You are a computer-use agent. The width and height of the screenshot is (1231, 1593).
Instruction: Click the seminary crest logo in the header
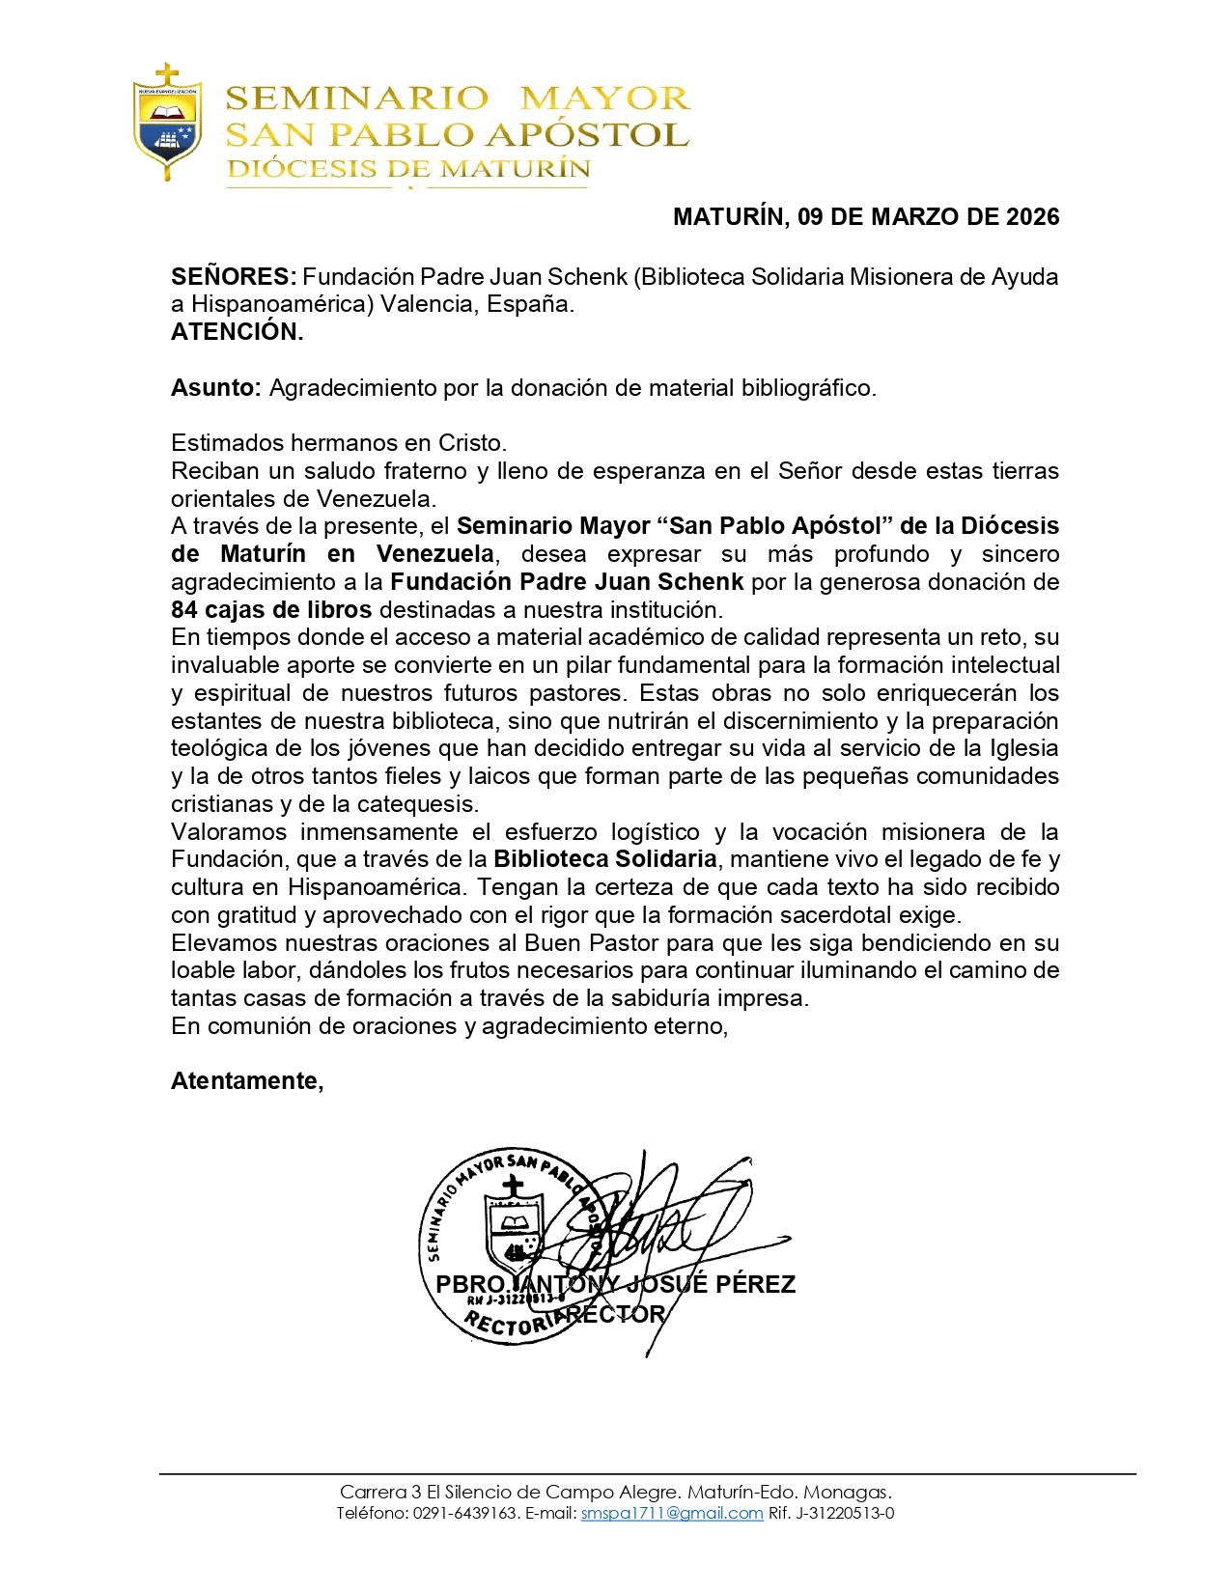pyautogui.click(x=168, y=123)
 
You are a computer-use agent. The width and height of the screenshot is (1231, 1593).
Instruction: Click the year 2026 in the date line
pyautogui.click(x=1032, y=217)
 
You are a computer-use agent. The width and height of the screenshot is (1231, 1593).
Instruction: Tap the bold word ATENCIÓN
pyautogui.click(x=238, y=332)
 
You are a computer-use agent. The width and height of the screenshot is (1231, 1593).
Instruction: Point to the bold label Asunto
pyautogui.click(x=215, y=388)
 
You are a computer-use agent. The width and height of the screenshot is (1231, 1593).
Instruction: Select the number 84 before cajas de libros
pyautogui.click(x=184, y=610)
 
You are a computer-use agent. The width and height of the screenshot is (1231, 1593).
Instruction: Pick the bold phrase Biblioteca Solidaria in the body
pyautogui.click(x=604, y=859)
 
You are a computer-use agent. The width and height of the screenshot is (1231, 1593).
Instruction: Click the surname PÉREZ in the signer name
pyautogui.click(x=756, y=1285)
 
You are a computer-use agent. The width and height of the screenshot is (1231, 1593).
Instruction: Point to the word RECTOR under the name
pyautogui.click(x=616, y=1315)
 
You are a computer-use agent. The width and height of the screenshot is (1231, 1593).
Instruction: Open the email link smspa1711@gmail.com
pyautogui.click(x=671, y=1514)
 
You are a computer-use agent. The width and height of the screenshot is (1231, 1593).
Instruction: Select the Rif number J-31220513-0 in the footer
pyautogui.click(x=845, y=1514)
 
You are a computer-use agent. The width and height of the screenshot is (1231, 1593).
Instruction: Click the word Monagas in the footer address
pyautogui.click(x=847, y=1493)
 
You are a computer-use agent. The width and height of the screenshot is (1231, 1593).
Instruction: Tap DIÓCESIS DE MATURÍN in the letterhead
pyautogui.click(x=408, y=169)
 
